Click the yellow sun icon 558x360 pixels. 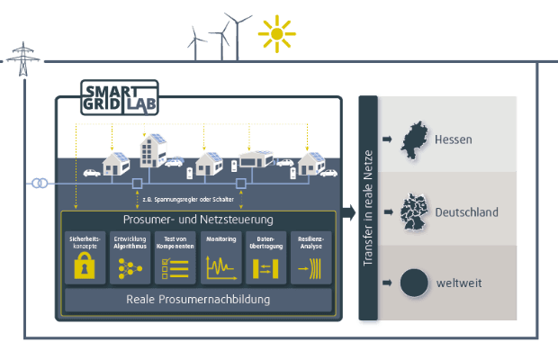tap(276, 34)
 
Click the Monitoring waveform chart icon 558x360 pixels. tap(220, 266)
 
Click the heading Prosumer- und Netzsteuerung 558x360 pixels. tap(197, 219)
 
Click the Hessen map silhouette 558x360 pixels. tap(413, 139)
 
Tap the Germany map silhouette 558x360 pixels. tap(414, 211)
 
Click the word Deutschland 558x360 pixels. tap(466, 212)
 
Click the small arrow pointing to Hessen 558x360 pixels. tap(386, 140)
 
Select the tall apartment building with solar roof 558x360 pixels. tap(152, 152)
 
